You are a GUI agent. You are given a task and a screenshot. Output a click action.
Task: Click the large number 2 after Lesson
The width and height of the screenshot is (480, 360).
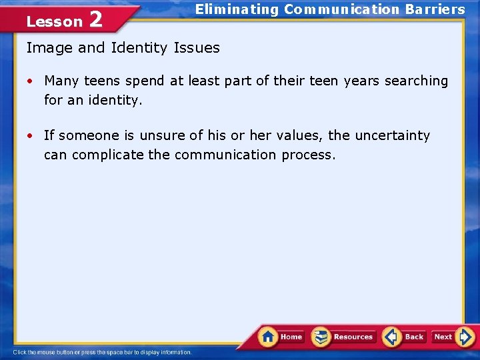tap(95, 19)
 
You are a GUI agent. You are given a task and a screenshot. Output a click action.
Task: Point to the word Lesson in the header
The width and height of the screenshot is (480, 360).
tap(54, 21)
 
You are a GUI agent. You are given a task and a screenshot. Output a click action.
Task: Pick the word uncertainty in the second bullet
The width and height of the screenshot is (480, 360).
tap(392, 135)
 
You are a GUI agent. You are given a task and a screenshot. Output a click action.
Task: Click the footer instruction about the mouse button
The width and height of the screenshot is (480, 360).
tap(102, 352)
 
